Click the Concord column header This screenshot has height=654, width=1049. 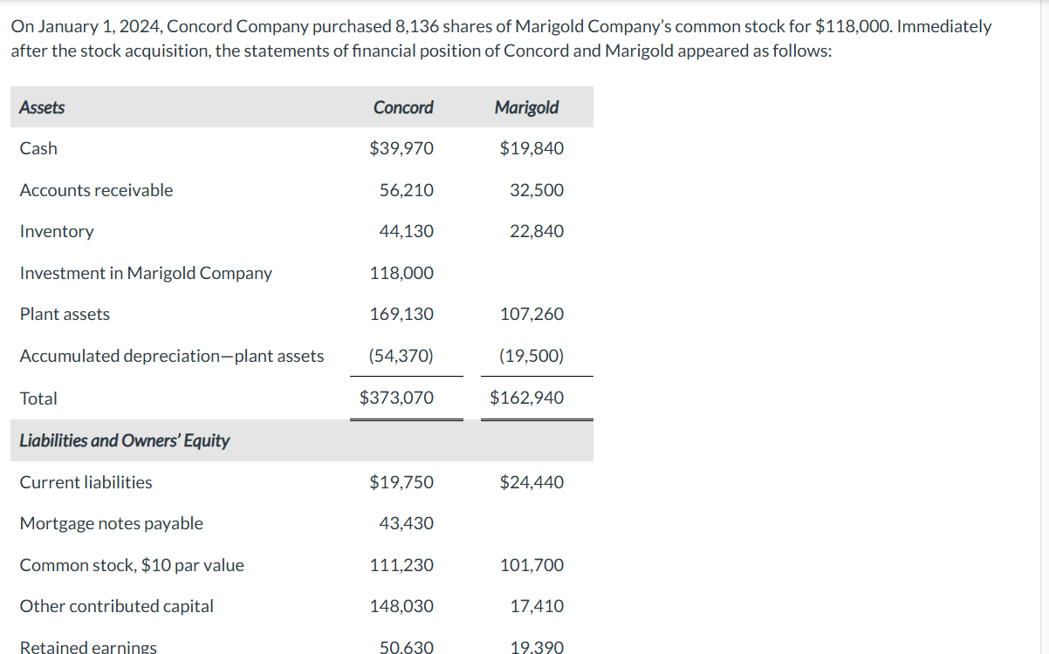402,107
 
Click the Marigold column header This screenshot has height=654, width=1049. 526,107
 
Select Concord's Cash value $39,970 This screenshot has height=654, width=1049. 401,148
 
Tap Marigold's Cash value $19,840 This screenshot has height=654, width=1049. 531,148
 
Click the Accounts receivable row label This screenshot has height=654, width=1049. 96,190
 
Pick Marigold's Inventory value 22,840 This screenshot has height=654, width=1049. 537,231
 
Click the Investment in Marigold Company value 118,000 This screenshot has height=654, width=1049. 401,273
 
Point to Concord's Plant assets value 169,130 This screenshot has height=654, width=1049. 401,314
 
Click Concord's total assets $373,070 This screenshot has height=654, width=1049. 396,398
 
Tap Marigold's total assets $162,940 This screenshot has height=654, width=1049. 526,398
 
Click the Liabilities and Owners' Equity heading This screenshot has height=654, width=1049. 124,440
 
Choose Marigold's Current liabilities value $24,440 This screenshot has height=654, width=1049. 531,482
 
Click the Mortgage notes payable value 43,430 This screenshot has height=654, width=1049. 407,523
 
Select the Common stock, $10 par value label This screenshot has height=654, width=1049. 132,565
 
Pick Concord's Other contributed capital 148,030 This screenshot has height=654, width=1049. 401,606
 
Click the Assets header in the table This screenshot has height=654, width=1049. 42,107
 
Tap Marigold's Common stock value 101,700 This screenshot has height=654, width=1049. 531,565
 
